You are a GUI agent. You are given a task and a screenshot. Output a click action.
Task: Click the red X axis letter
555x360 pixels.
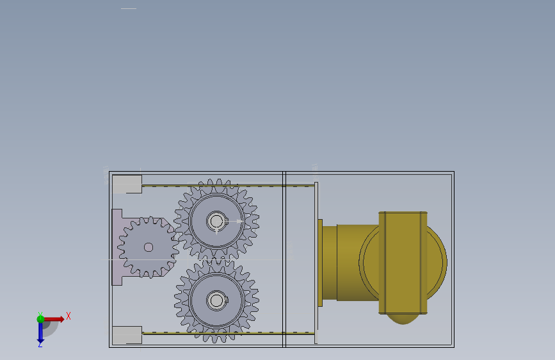pos(68,316)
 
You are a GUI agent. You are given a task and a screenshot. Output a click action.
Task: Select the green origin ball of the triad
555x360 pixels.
pos(40,319)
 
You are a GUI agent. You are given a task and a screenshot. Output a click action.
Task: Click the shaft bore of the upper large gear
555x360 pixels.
pos(216,222)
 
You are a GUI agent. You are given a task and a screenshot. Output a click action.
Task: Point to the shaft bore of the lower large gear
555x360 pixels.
pos(216,301)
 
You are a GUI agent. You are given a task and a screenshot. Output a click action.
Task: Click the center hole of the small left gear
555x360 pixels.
pos(149,247)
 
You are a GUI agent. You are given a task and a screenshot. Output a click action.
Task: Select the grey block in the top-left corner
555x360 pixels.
pos(127,184)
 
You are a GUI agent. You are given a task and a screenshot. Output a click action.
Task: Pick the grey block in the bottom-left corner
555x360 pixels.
pos(127,335)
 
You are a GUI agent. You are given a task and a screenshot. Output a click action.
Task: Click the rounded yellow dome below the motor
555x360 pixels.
pos(403,319)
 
